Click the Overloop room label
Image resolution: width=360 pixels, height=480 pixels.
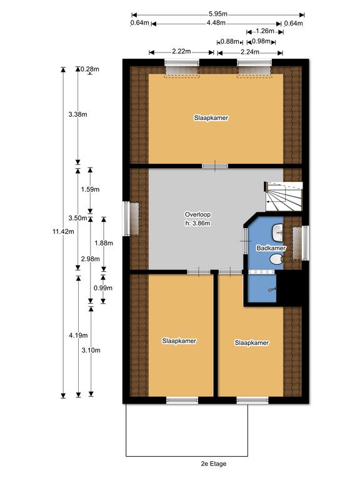(197, 213)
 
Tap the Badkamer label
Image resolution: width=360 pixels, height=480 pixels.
(271, 248)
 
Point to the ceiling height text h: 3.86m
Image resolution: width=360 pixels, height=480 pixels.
(197, 222)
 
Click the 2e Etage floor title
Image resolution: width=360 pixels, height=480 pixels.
(213, 464)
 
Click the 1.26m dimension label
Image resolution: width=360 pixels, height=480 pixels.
(261, 31)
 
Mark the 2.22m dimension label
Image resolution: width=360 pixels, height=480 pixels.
(182, 52)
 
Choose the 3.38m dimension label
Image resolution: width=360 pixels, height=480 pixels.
(77, 114)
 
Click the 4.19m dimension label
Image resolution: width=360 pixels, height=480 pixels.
(77, 335)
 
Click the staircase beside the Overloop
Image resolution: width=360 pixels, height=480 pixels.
(282, 196)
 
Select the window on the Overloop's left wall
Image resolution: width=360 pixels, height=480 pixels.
(132, 218)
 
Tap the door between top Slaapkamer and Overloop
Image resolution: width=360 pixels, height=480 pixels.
(214, 166)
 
